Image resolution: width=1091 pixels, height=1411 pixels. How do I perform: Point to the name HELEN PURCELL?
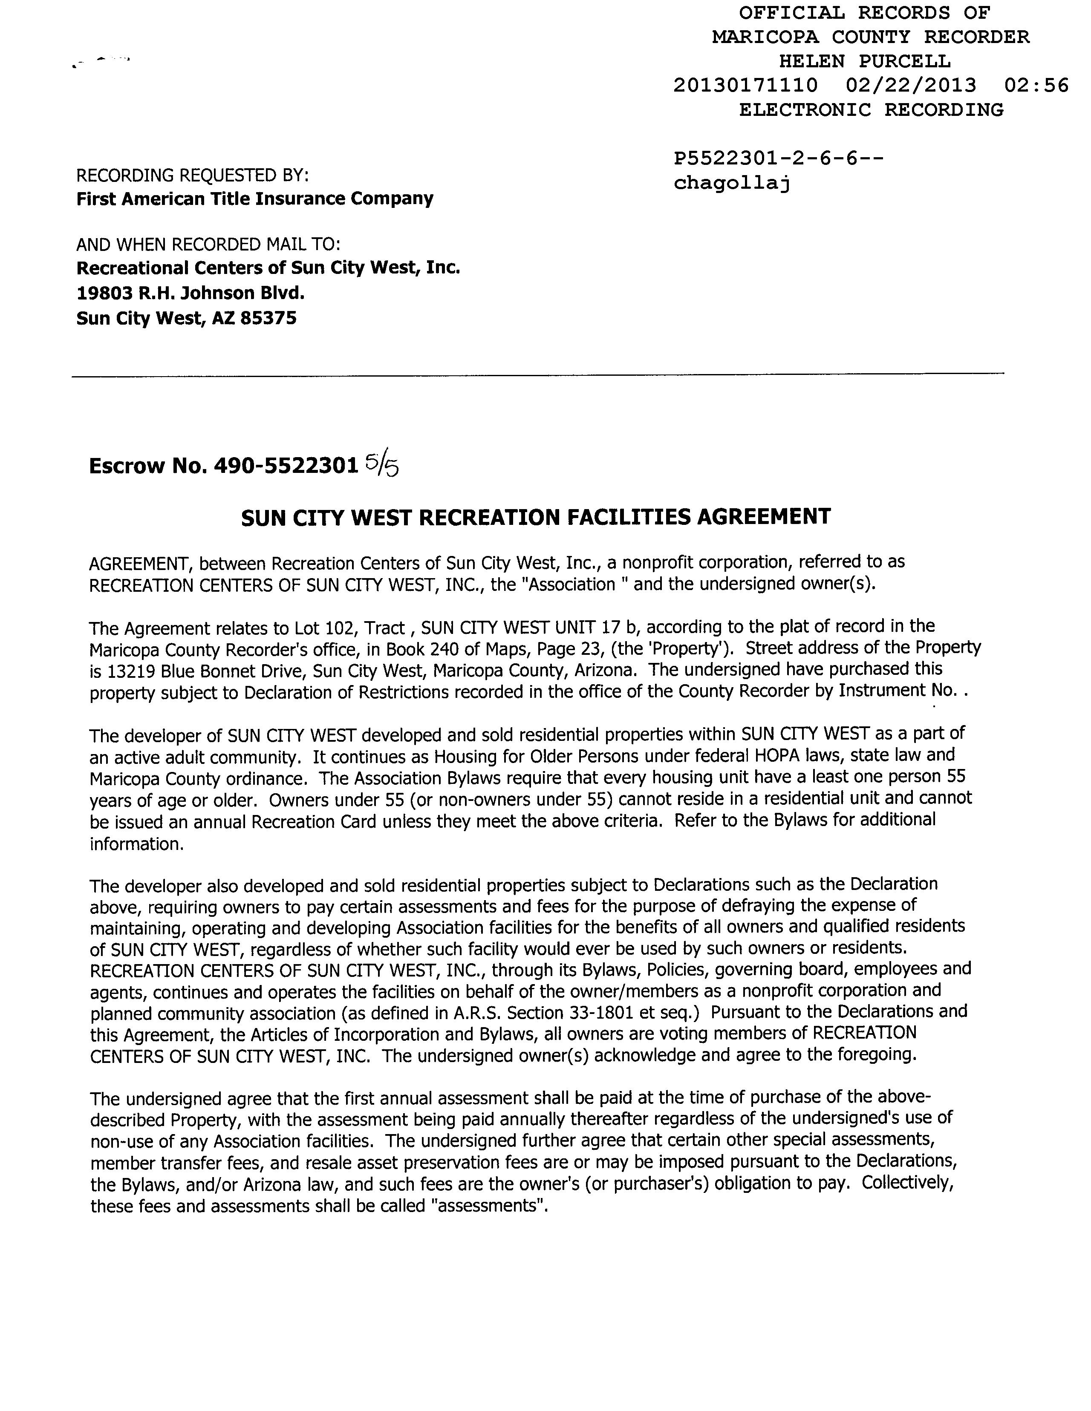[x=864, y=61]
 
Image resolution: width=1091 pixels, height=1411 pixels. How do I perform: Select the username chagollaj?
[x=732, y=184]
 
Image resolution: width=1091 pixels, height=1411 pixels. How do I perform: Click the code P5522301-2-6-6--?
[x=777, y=159]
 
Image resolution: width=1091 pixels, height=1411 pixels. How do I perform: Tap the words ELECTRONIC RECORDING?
[x=871, y=110]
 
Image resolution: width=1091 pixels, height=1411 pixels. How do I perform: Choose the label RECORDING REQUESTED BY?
[x=192, y=175]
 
